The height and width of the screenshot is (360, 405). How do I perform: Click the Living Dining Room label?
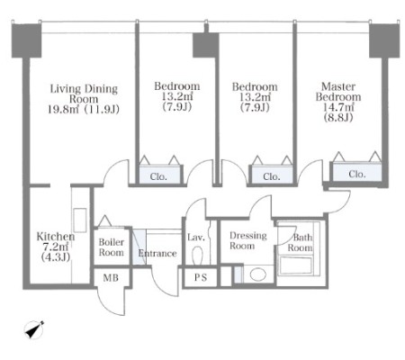pyautogui.click(x=84, y=94)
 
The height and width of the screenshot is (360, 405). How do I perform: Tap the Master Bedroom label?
pyautogui.click(x=338, y=92)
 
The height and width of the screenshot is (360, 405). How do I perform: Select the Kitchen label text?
pyautogui.click(x=56, y=237)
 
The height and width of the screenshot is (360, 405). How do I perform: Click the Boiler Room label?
pyautogui.click(x=112, y=247)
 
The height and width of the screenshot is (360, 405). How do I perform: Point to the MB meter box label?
pyautogui.click(x=111, y=278)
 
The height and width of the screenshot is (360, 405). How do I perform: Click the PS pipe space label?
pyautogui.click(x=201, y=277)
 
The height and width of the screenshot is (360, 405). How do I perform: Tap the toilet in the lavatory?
pyautogui.click(x=197, y=255)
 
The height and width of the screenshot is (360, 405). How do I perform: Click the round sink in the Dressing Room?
pyautogui.click(x=258, y=274)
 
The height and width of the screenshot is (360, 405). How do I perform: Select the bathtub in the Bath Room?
pyautogui.click(x=295, y=265)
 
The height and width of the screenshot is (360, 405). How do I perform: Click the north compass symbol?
pyautogui.click(x=34, y=329)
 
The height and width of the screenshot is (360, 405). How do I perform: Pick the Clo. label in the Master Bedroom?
pyautogui.click(x=357, y=174)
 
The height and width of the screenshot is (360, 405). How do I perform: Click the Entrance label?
pyautogui.click(x=157, y=254)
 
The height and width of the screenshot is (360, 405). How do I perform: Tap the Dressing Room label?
pyautogui.click(x=248, y=240)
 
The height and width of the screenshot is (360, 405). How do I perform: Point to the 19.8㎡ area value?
pyautogui.click(x=63, y=110)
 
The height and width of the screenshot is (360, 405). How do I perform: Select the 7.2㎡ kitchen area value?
pyautogui.click(x=56, y=247)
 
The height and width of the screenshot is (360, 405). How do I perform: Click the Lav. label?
pyautogui.click(x=196, y=238)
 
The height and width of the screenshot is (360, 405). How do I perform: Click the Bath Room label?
pyautogui.click(x=301, y=243)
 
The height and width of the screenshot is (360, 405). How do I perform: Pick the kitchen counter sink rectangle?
pyautogui.click(x=80, y=220)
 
